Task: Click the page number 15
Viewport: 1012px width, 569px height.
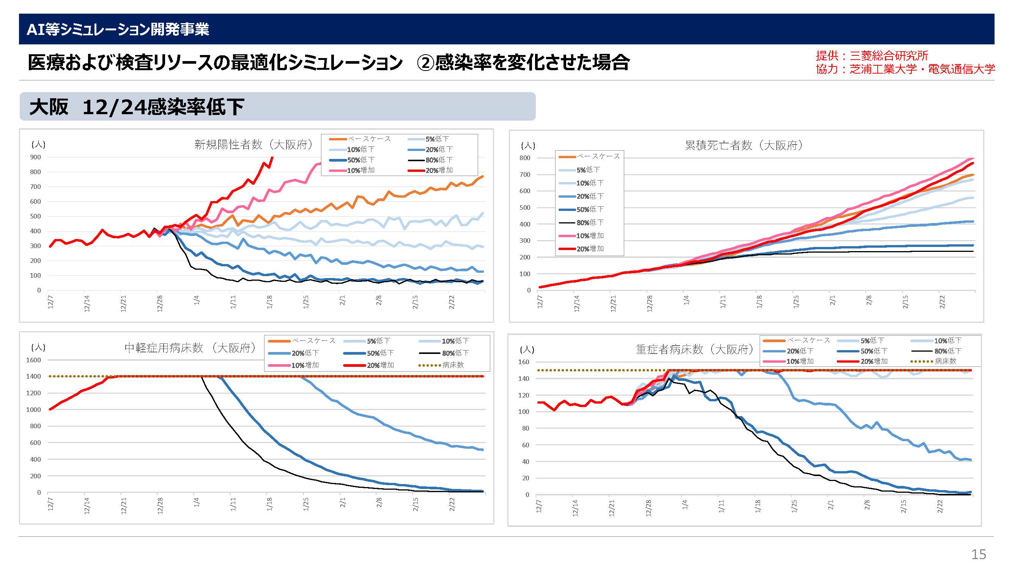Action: coord(978,554)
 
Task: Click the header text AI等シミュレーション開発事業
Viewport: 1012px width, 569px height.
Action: coord(118,30)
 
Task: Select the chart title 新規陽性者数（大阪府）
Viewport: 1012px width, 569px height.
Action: coord(254,145)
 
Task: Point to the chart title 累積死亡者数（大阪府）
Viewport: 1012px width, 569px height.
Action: coord(744,145)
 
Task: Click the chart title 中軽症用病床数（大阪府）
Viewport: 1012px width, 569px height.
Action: coord(191,348)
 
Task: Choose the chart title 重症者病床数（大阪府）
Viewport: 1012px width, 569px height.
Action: coord(695,349)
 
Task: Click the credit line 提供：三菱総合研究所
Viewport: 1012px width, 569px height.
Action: coord(872,56)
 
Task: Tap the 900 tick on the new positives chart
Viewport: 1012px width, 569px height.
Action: coord(35,157)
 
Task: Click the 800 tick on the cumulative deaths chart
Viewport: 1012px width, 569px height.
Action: coord(525,158)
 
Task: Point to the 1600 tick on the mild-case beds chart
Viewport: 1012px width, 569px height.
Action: coord(33,360)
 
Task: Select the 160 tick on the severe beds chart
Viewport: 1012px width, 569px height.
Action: coord(524,362)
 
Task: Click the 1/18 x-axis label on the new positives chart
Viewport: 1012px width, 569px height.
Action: coord(269,302)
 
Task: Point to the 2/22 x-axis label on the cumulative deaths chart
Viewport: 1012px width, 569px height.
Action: coord(942,302)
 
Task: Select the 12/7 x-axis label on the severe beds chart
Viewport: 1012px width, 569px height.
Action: coord(539,506)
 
